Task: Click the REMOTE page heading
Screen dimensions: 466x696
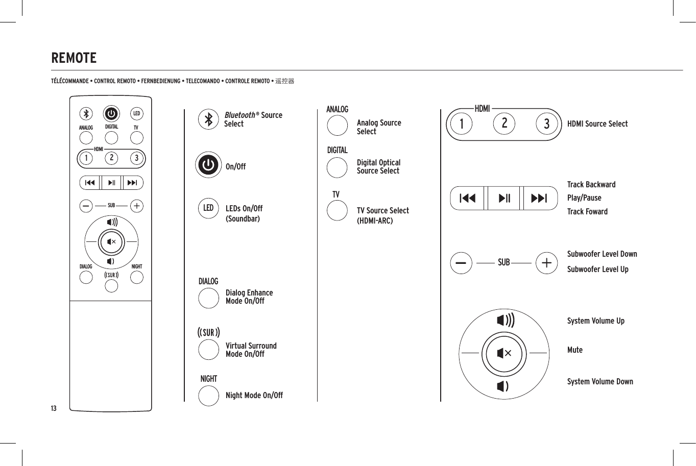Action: point(74,58)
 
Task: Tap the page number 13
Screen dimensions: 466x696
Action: point(54,408)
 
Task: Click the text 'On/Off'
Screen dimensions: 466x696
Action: point(235,167)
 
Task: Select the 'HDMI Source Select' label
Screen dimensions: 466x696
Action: point(597,124)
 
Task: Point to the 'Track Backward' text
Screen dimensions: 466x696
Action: point(591,185)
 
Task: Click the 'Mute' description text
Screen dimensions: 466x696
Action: point(575,350)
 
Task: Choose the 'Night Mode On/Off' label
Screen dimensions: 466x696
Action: point(254,396)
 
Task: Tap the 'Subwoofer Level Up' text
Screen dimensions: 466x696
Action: point(597,269)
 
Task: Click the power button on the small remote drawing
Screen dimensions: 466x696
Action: point(111,114)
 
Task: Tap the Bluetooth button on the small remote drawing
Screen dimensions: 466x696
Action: point(86,114)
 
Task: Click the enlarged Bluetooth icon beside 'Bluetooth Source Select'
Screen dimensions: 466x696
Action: point(208,119)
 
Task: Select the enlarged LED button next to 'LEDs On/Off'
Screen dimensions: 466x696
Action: point(208,208)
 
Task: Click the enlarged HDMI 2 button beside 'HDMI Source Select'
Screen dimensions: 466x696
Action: point(505,124)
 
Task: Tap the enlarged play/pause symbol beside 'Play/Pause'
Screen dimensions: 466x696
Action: point(504,199)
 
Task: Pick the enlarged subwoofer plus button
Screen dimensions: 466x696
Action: point(546,263)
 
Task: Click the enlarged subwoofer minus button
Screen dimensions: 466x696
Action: point(461,263)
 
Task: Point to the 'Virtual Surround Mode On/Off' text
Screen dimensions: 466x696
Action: point(251,350)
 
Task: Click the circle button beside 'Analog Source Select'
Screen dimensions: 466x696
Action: point(337,126)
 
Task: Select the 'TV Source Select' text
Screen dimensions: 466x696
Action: point(382,211)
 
